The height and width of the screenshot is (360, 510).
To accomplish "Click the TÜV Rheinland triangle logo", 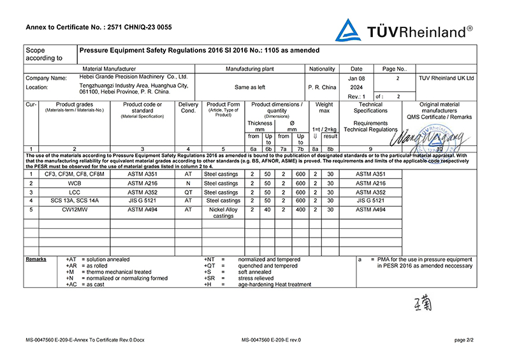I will pyautogui.click(x=348, y=30).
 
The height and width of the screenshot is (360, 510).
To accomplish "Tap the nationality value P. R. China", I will pyautogui.click(x=322, y=87).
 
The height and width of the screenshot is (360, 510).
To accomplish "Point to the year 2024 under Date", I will pyautogui.click(x=357, y=87).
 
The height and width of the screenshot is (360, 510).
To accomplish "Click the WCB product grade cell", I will pyautogui.click(x=75, y=183).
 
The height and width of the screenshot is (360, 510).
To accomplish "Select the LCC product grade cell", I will pyautogui.click(x=75, y=192).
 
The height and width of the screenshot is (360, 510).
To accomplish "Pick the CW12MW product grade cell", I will pyautogui.click(x=75, y=209).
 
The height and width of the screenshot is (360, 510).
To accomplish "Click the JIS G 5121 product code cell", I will pyautogui.click(x=142, y=201).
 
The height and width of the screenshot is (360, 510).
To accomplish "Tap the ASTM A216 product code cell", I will pyautogui.click(x=142, y=183).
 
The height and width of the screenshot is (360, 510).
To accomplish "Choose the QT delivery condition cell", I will pyautogui.click(x=188, y=192).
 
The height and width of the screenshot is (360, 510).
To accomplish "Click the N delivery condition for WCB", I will pyautogui.click(x=188, y=183).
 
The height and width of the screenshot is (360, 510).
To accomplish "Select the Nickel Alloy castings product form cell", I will pyautogui.click(x=223, y=212).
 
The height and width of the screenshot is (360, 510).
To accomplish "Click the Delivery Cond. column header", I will pyautogui.click(x=188, y=108).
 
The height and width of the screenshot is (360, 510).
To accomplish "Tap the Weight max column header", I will pyautogui.click(x=324, y=108).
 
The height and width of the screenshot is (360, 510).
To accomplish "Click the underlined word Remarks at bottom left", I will pyautogui.click(x=36, y=259).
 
